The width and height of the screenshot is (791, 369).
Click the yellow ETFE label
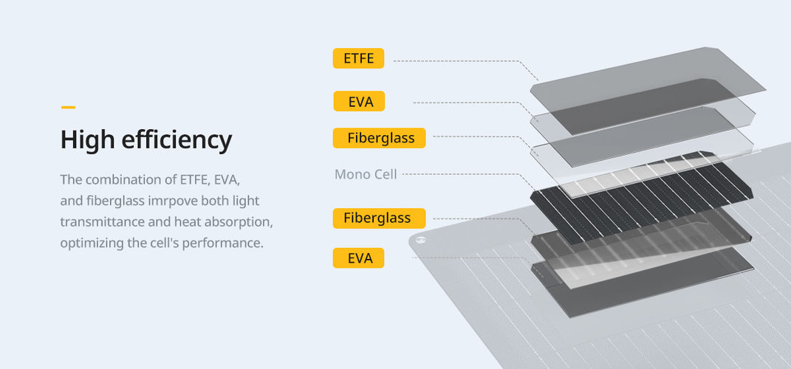(x=358, y=58)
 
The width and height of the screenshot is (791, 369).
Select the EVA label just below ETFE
(x=359, y=101)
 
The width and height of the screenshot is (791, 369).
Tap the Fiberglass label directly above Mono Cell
(x=380, y=138)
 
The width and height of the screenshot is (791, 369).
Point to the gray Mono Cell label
(x=366, y=174)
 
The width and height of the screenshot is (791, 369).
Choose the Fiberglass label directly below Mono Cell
(x=380, y=218)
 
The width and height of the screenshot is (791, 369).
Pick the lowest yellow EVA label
(x=358, y=258)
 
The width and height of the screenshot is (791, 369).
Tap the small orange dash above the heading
(x=68, y=107)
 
